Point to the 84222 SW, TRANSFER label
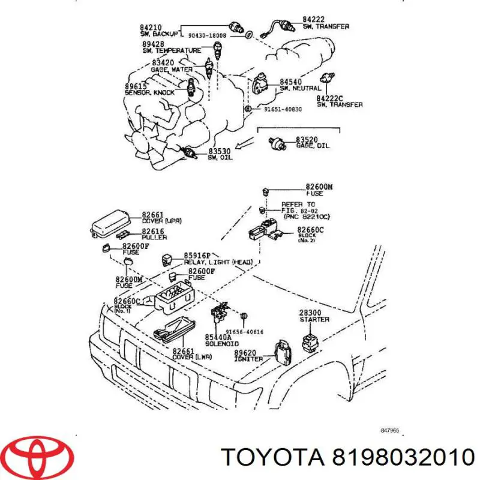point(325,23)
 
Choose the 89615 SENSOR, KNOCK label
point(149,89)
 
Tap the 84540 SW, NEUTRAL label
point(298,85)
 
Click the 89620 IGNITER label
point(248,355)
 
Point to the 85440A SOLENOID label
point(221,340)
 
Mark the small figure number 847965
point(390,430)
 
